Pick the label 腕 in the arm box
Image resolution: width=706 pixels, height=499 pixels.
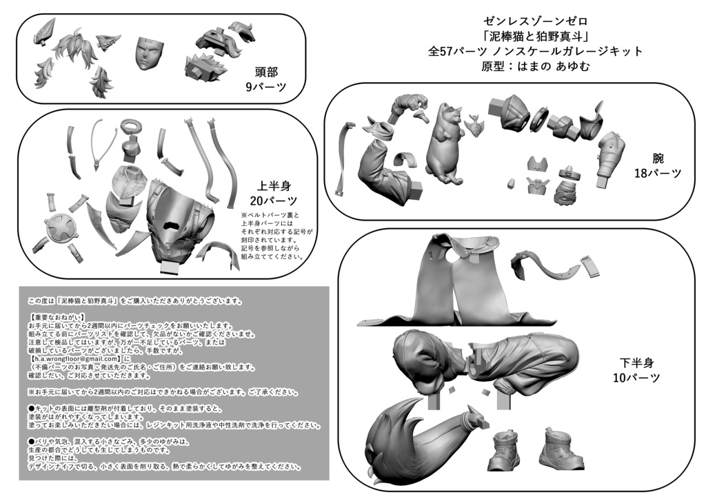[x=657, y=158]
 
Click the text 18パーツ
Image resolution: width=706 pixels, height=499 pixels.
[x=657, y=174]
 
